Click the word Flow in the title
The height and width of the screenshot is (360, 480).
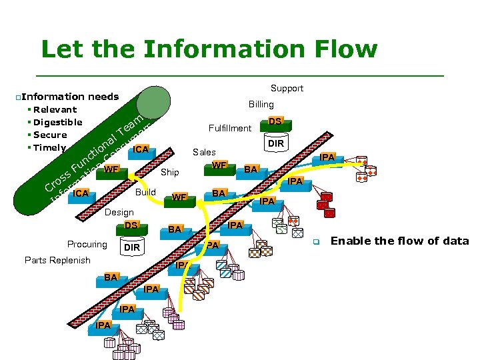click(x=339, y=49)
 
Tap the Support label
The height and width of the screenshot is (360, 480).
click(x=287, y=88)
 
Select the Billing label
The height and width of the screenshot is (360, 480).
click(x=261, y=104)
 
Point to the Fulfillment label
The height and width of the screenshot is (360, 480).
click(x=230, y=128)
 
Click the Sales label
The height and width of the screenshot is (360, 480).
click(x=204, y=152)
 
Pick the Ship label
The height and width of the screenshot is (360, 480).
click(x=170, y=173)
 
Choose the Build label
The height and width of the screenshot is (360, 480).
click(x=145, y=192)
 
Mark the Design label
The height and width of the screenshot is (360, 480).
click(x=119, y=212)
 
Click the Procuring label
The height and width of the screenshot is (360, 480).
click(x=87, y=244)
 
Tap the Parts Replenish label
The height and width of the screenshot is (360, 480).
click(x=57, y=260)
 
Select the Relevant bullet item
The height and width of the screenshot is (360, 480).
click(x=55, y=109)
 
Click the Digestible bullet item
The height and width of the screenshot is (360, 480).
click(x=57, y=122)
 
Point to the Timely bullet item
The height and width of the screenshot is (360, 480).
click(x=49, y=147)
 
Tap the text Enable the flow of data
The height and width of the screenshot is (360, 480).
click(x=399, y=241)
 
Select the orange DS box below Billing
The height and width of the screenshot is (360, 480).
click(x=275, y=121)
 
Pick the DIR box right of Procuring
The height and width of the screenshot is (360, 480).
click(x=132, y=247)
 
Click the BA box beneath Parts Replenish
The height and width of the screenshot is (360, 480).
click(x=111, y=277)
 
